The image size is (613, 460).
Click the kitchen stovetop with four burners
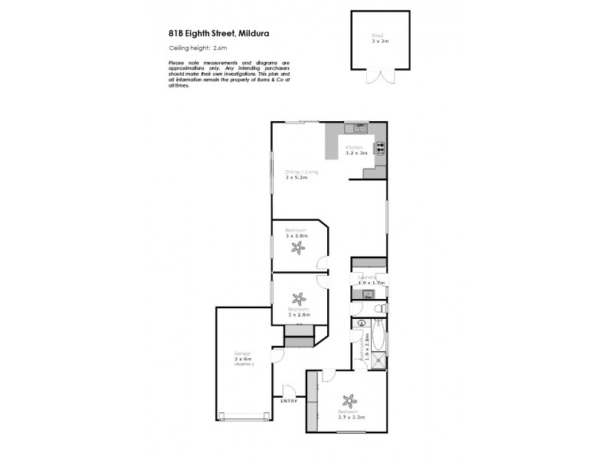379,147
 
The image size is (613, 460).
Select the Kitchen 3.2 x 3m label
356,150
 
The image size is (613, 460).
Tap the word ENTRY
289,401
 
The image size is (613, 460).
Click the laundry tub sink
366,293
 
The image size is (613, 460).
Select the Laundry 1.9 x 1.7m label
369,280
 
